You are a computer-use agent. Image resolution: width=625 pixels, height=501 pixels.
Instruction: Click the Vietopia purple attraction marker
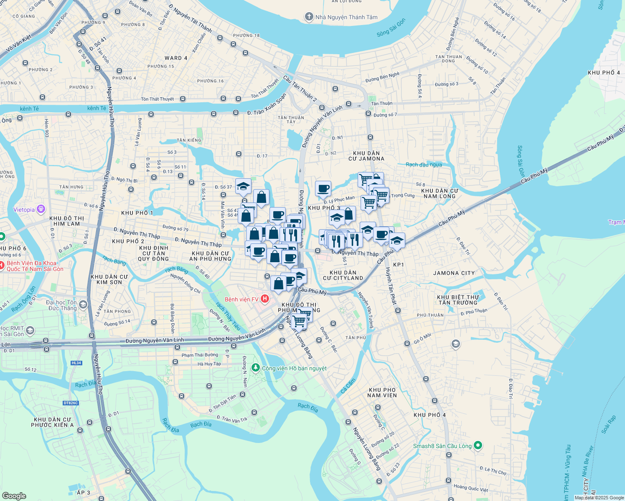[x=41, y=209]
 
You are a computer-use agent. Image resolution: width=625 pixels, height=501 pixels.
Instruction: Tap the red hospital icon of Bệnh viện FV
[x=264, y=299]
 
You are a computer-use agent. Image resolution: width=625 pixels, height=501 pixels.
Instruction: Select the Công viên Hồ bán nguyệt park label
[x=294, y=368]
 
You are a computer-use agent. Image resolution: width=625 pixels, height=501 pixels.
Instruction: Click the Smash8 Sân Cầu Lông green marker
[x=478, y=445]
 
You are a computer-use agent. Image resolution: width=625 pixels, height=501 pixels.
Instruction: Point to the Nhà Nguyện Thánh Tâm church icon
[x=309, y=17]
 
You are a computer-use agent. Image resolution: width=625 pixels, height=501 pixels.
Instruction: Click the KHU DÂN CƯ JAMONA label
[x=366, y=156]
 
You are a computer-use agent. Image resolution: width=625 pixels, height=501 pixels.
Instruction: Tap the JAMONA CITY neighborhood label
[x=454, y=273]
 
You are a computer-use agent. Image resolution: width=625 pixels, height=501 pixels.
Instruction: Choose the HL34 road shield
[x=76, y=363]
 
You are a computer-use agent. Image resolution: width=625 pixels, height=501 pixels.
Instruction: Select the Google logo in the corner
[x=14, y=496]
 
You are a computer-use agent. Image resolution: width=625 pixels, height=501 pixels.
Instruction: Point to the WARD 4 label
[x=176, y=58]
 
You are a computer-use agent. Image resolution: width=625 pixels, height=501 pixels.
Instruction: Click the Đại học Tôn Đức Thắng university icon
[x=83, y=305]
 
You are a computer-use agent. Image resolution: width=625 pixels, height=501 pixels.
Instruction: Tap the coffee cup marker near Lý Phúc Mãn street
[x=323, y=189]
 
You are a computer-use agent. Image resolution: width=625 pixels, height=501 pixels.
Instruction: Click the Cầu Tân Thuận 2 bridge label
[x=300, y=89]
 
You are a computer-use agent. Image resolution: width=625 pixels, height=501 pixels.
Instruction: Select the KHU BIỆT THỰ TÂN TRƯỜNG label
[x=458, y=300]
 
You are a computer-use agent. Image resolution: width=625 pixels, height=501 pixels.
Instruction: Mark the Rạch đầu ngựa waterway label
[x=424, y=164]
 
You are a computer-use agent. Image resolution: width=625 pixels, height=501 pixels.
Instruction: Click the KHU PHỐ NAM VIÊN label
[x=382, y=392]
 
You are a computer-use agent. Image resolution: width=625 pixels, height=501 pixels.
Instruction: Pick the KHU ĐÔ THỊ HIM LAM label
[x=67, y=221]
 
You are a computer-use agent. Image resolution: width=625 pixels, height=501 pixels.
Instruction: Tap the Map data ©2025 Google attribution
[x=599, y=498]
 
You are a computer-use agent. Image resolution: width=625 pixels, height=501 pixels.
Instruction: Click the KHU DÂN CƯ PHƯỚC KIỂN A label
[x=52, y=422]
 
